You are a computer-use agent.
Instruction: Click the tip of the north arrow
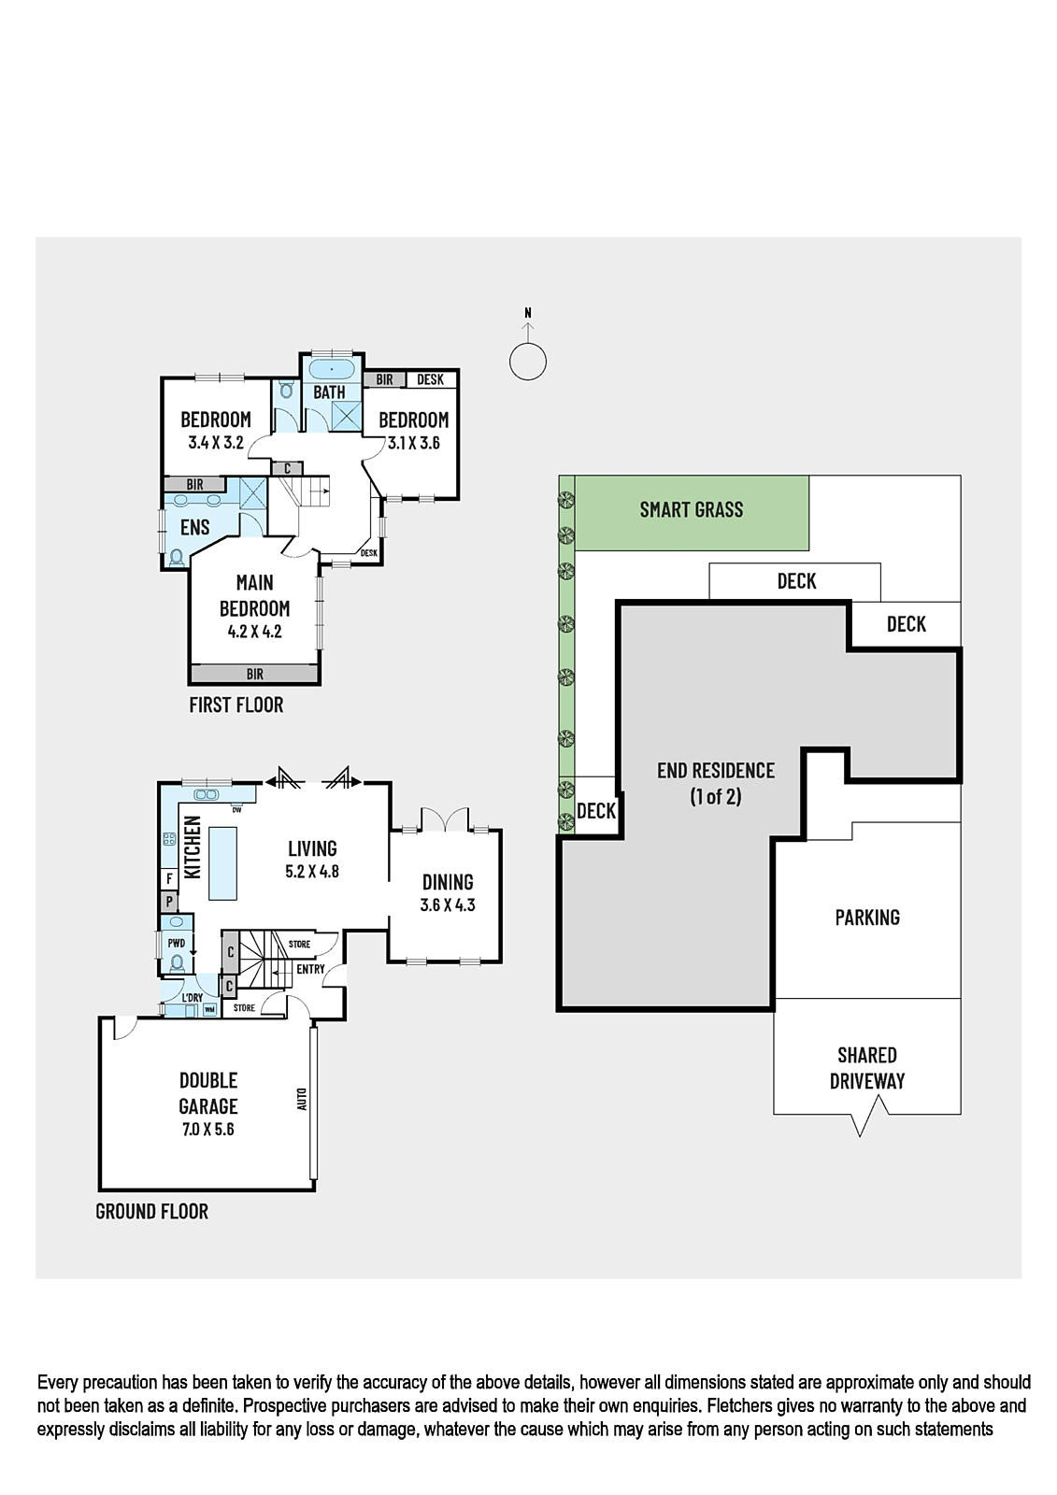[x=528, y=323]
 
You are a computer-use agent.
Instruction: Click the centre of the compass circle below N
[x=528, y=363]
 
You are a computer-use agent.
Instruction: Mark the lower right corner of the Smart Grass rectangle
[x=808, y=550]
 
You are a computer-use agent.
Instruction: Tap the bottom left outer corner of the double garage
[x=99, y=1190]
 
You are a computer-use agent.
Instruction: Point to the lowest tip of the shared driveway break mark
[x=860, y=1136]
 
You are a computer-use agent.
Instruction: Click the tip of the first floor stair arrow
[x=328, y=491]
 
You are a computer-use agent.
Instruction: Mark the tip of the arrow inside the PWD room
[x=193, y=954]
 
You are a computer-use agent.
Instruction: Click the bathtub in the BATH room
[x=331, y=368]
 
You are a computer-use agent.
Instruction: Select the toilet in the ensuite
[x=177, y=557]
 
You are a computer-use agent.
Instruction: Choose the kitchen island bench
[x=222, y=863]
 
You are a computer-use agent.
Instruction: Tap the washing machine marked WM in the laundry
[x=209, y=1008]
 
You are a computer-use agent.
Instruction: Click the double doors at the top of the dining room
[x=446, y=819]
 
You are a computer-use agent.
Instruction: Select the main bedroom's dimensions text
[x=254, y=632]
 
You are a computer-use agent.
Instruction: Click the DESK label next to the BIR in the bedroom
[x=430, y=379]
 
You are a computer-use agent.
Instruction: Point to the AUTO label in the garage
[x=302, y=1099]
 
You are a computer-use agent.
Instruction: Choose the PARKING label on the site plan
[x=867, y=917]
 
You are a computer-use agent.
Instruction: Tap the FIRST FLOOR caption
[x=236, y=705]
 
